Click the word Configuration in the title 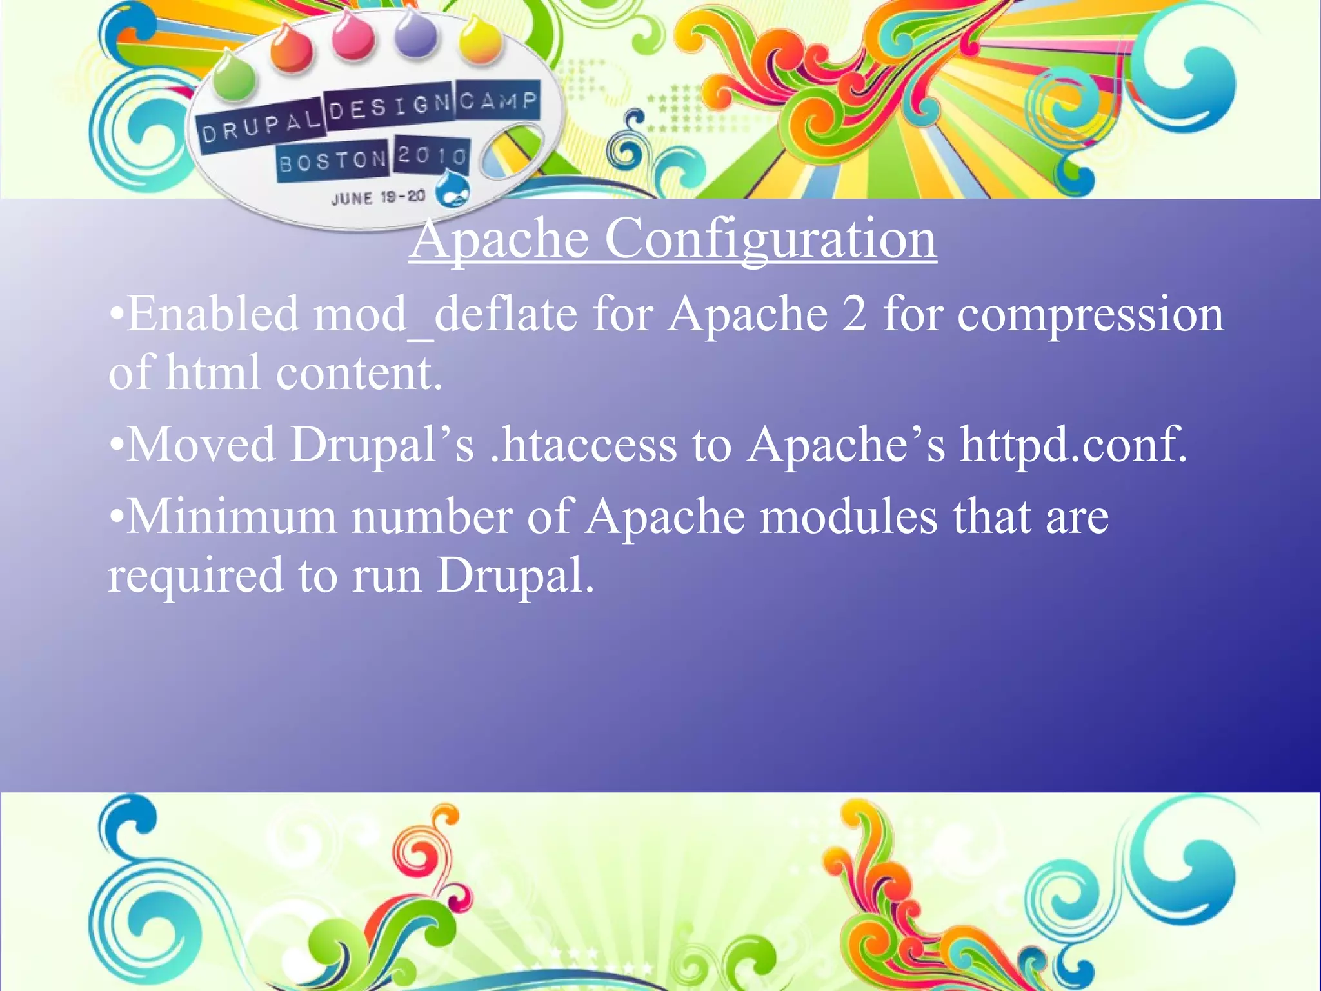(x=770, y=239)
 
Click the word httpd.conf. (x=1073, y=445)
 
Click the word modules (x=848, y=517)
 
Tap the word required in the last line (x=195, y=576)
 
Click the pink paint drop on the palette (x=353, y=35)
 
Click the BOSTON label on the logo (x=332, y=161)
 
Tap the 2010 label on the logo (x=432, y=155)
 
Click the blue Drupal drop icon (x=453, y=190)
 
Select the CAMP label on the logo (x=498, y=101)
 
